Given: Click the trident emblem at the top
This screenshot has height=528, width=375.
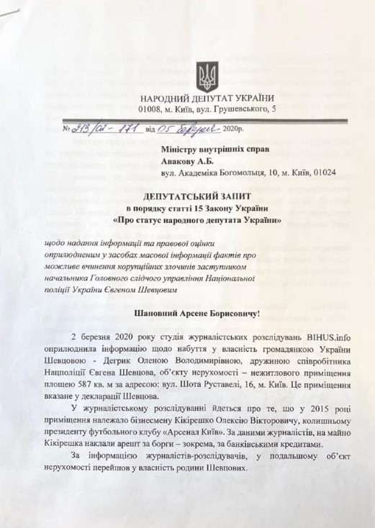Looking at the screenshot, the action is coord(207,76).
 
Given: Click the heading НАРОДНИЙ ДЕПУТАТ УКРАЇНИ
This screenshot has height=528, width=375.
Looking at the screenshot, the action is coord(207,98).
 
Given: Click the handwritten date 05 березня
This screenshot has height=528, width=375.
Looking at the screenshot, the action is coord(179,129).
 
